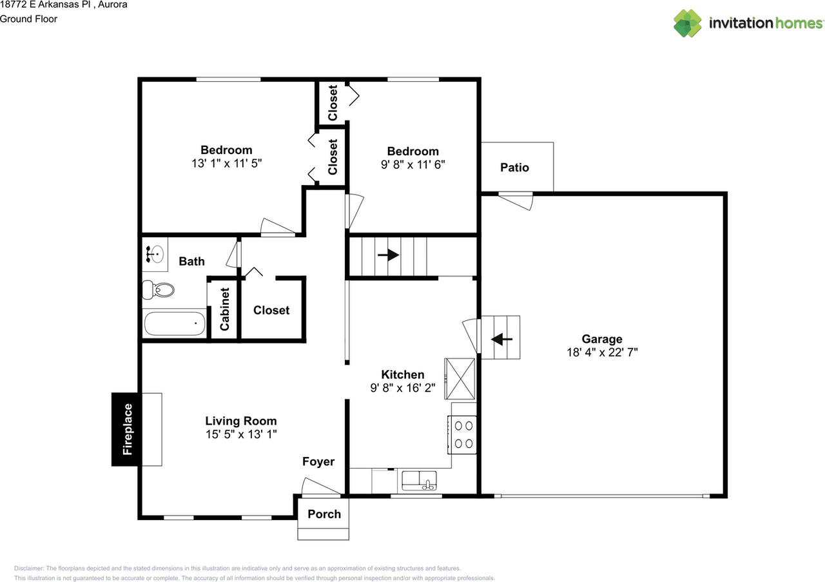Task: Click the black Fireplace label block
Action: (x=126, y=429)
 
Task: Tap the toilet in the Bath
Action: (x=158, y=290)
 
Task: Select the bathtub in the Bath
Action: (x=175, y=324)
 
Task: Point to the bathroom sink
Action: (x=155, y=254)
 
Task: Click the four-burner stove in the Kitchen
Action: (x=462, y=434)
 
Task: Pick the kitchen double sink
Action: (x=419, y=481)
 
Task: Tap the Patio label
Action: (x=514, y=168)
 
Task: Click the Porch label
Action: (x=324, y=514)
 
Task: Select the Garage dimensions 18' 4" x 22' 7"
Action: (x=602, y=353)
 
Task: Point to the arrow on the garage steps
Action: (x=501, y=339)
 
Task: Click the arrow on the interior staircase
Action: (x=388, y=255)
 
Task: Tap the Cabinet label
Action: (x=225, y=309)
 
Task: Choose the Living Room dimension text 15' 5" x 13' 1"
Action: (x=241, y=434)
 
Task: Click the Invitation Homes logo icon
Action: (x=687, y=23)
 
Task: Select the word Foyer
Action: (x=318, y=461)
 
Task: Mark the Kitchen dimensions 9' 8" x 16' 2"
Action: (x=403, y=388)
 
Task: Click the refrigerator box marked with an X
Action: (x=460, y=379)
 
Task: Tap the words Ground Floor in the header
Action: (x=29, y=19)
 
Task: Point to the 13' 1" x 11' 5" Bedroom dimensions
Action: (x=226, y=163)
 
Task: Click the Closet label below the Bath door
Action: (x=271, y=310)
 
